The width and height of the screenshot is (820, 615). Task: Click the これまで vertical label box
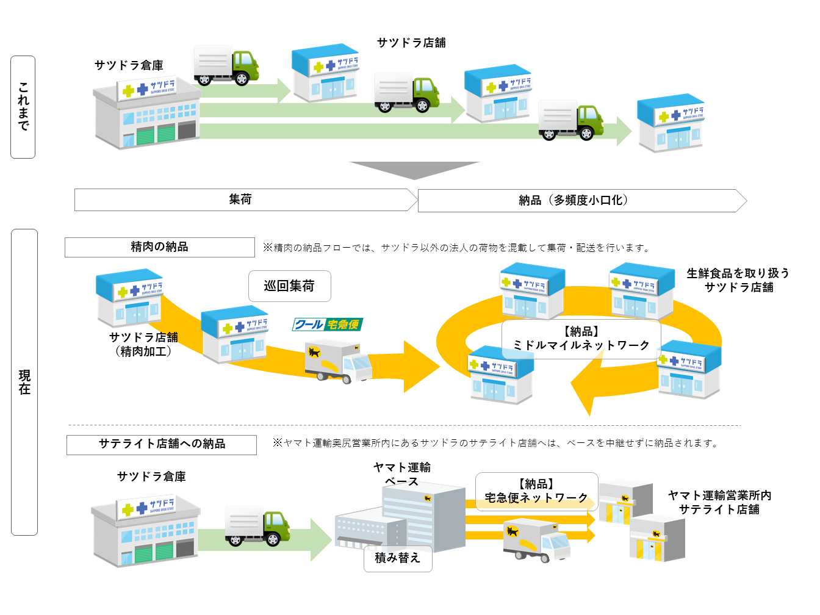click(x=23, y=107)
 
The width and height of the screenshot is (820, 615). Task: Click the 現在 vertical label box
click(x=24, y=382)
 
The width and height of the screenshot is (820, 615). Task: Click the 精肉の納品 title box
click(x=159, y=247)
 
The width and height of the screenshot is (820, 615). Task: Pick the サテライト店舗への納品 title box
click(x=162, y=444)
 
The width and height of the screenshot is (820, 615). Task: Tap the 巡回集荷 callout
click(x=289, y=286)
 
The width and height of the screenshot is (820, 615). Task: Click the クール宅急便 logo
click(x=328, y=325)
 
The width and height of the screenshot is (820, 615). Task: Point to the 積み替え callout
click(x=398, y=558)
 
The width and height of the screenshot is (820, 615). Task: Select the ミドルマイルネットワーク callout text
click(x=581, y=339)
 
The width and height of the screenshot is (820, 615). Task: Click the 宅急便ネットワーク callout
click(x=536, y=491)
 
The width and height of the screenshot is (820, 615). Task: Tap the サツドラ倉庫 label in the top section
click(x=129, y=65)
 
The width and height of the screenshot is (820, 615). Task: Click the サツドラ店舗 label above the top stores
click(x=411, y=43)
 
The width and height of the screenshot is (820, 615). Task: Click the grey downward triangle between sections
click(x=414, y=170)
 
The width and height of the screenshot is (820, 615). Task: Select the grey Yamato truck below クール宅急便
click(x=338, y=361)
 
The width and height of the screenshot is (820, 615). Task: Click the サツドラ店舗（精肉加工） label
click(x=143, y=344)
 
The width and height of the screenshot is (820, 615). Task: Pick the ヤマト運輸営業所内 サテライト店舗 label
click(x=719, y=502)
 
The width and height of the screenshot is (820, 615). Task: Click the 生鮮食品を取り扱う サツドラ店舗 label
click(x=738, y=280)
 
